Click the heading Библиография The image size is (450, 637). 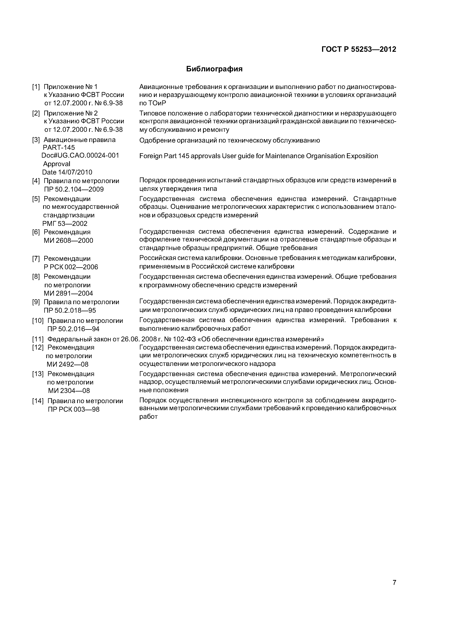tap(214, 69)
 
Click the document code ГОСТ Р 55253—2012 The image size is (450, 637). tap(359, 49)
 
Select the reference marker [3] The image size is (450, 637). tap(36, 140)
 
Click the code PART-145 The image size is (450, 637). tap(59, 148)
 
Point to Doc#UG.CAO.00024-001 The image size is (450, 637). tap(80, 155)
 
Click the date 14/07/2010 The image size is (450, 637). tap(75, 172)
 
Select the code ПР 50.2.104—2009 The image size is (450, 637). tap(74, 190)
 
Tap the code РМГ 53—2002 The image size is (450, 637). tap(65, 224)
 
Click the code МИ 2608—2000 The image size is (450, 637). tap(68, 241)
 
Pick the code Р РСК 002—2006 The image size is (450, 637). tap(71, 267)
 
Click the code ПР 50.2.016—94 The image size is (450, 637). tap(73, 329)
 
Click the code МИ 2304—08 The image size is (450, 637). tap(69, 391)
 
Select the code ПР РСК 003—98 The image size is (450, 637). tap(73, 409)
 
